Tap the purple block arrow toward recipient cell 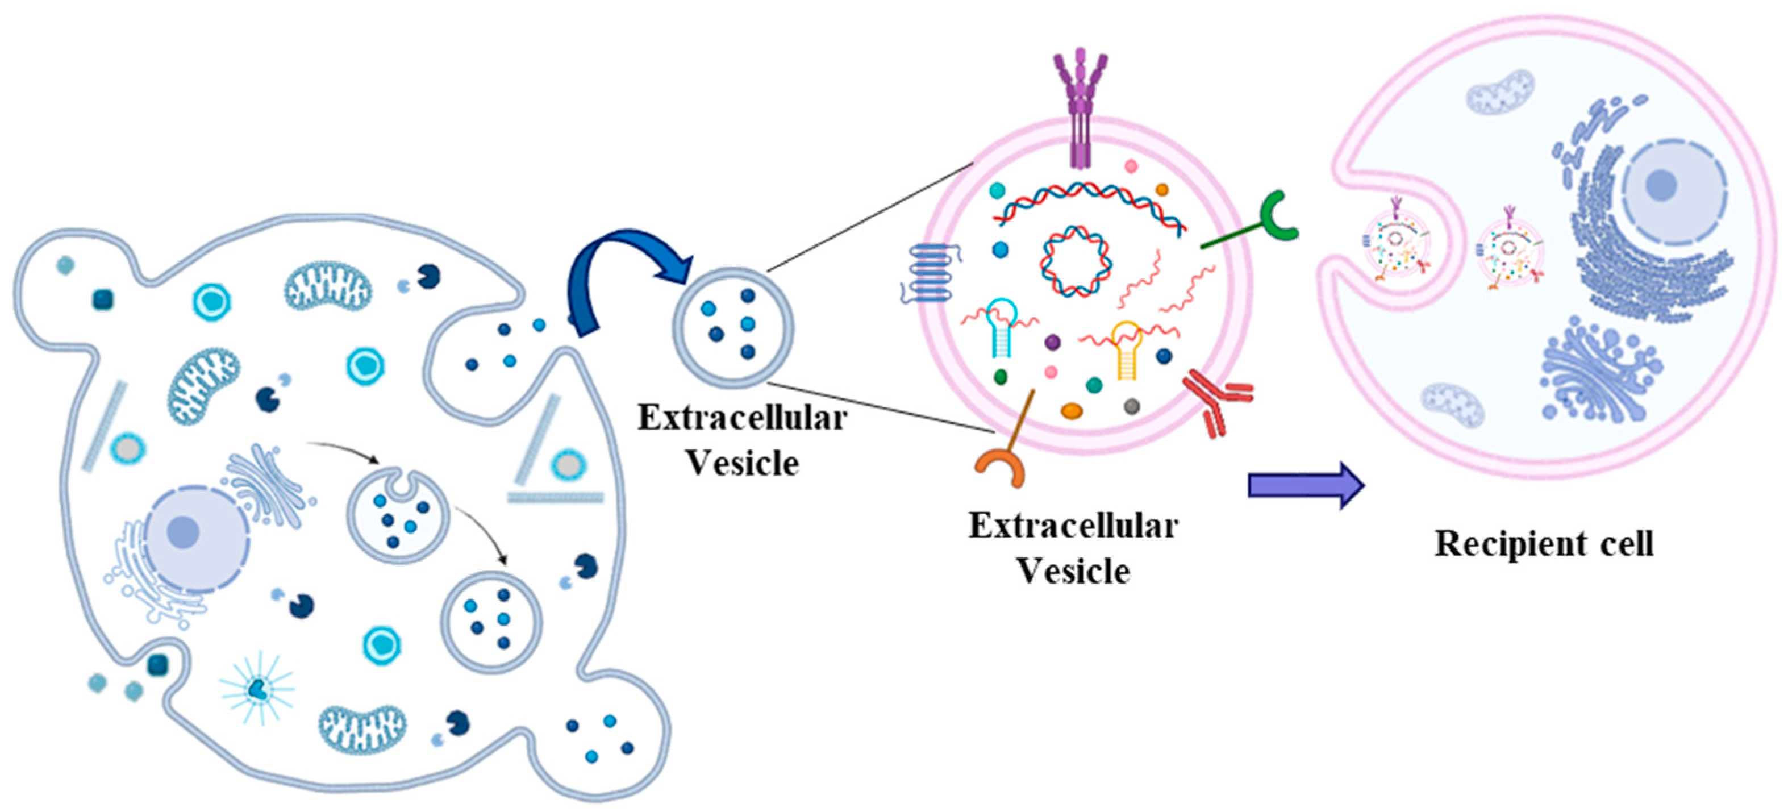[1305, 485]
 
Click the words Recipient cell [1544, 543]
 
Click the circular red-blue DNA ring [1075, 261]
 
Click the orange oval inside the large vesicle [1072, 411]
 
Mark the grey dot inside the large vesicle [1131, 406]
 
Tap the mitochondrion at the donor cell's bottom [361, 728]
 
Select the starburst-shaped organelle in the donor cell [257, 688]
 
